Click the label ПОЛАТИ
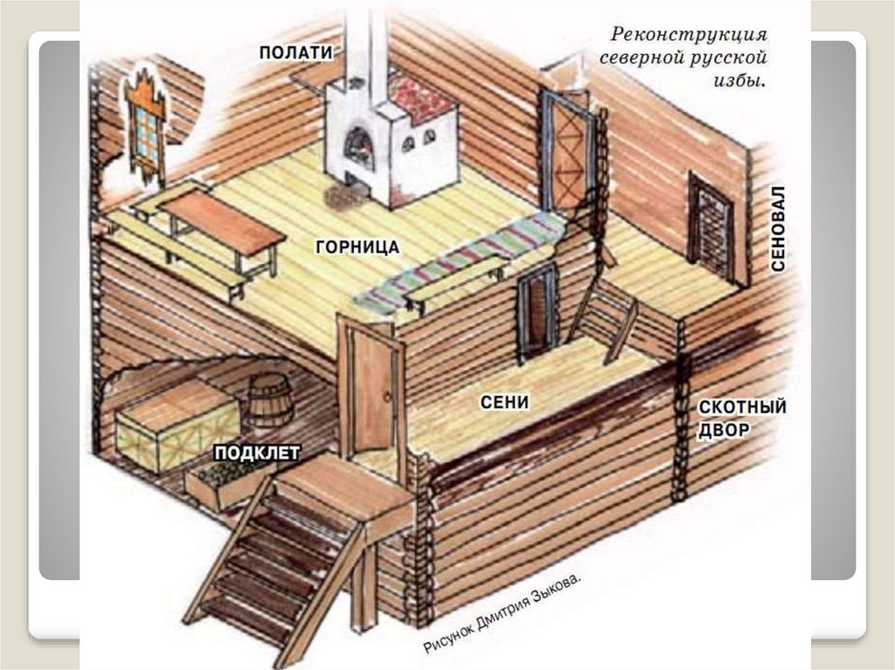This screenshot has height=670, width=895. pos(295,52)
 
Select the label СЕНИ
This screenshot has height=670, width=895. pos(506,402)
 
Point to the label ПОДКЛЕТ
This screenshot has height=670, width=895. pos(257,452)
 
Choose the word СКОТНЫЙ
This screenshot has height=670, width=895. pos(742,408)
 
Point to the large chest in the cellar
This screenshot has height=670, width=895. pos(175,423)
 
